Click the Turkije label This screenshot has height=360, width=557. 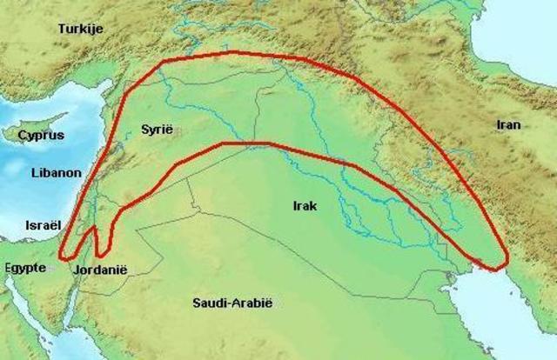click(x=80, y=29)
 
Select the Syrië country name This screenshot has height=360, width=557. click(x=157, y=129)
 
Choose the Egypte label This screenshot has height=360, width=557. click(x=23, y=267)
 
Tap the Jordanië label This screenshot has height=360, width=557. click(x=101, y=270)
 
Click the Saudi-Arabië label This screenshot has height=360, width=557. click(x=232, y=303)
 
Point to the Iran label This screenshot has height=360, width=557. click(x=508, y=124)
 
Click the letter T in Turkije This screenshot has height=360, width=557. click(x=61, y=29)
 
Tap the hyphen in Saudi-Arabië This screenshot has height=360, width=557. click(x=225, y=303)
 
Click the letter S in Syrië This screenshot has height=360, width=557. click(x=144, y=129)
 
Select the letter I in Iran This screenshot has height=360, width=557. click(x=498, y=124)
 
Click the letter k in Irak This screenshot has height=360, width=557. click(x=315, y=205)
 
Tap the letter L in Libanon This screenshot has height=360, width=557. click(x=32, y=173)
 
